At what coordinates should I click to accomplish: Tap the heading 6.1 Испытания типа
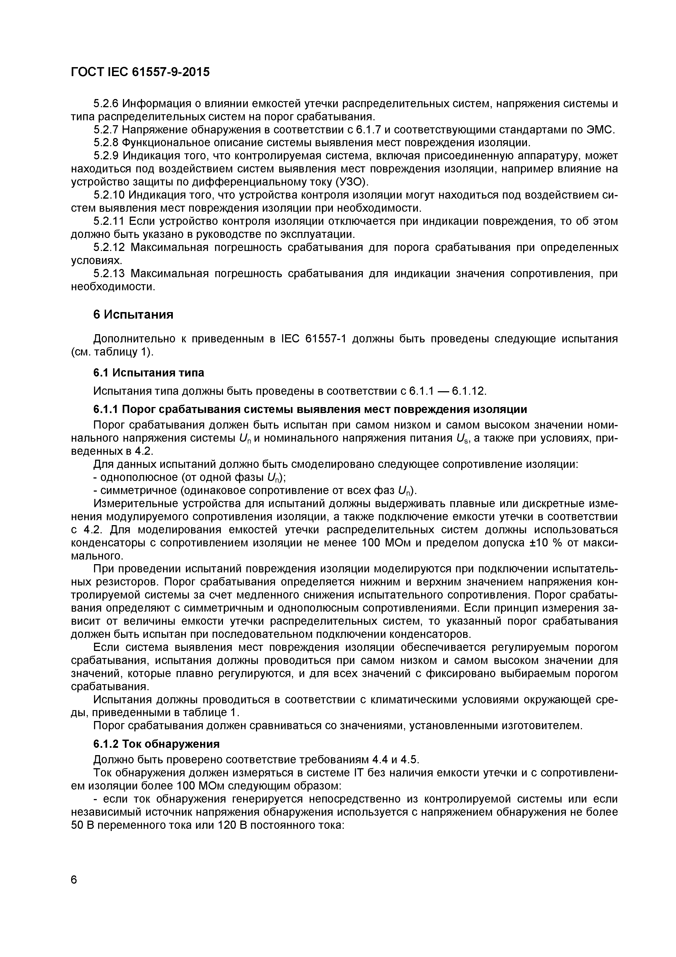148,372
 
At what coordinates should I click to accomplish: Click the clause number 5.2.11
109,221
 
